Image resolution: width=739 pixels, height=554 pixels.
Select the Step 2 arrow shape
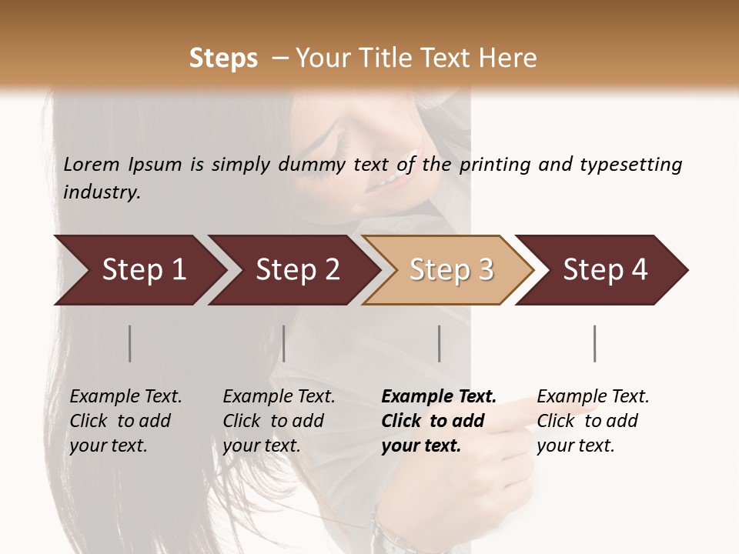[x=293, y=270]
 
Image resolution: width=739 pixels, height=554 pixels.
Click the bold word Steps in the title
[x=223, y=58]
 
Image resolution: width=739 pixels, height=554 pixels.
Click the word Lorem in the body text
[x=92, y=164]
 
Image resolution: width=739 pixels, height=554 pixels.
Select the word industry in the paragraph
[x=102, y=192]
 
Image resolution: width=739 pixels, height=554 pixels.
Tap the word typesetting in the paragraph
[x=630, y=164]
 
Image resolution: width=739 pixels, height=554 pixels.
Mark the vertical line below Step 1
[x=130, y=343]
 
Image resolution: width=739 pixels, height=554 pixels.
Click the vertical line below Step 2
[x=284, y=343]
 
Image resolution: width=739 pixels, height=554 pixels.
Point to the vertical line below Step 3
[x=440, y=343]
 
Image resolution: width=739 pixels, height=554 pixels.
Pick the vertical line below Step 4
[x=595, y=343]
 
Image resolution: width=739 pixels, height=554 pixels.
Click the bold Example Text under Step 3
[x=439, y=396]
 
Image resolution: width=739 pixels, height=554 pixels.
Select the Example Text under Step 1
[x=125, y=396]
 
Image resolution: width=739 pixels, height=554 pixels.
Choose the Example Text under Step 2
[x=279, y=396]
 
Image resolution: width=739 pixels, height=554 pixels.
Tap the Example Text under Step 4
[x=593, y=396]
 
